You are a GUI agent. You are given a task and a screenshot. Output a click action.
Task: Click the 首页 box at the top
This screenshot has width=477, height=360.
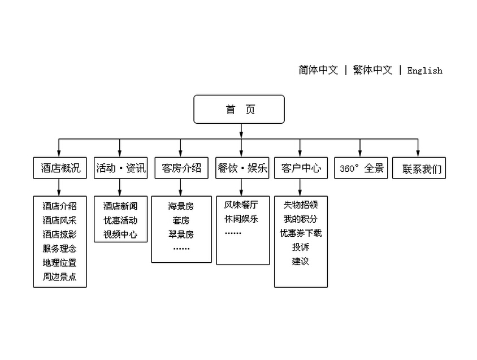pyautogui.click(x=239, y=109)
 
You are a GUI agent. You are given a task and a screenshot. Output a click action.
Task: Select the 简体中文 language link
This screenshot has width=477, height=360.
pyautogui.click(x=318, y=70)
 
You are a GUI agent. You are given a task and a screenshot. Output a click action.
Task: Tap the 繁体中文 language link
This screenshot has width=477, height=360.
pyautogui.click(x=372, y=70)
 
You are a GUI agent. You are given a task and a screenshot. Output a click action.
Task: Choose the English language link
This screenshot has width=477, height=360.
pyautogui.click(x=424, y=71)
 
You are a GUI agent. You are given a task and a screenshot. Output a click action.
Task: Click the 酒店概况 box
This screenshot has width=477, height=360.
pyautogui.click(x=60, y=168)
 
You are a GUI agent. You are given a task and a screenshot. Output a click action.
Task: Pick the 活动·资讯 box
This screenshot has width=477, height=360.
pyautogui.click(x=121, y=168)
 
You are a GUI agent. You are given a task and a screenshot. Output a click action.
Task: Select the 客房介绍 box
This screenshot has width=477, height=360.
pyautogui.click(x=181, y=168)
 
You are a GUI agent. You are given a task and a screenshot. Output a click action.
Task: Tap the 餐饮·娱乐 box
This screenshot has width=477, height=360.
pyautogui.click(x=242, y=168)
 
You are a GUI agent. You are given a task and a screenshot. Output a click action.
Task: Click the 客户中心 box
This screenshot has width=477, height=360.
pyautogui.click(x=301, y=168)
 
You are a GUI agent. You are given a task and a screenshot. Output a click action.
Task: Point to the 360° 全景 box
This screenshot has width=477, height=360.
pyautogui.click(x=361, y=168)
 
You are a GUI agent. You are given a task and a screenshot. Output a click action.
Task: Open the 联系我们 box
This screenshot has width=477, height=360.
pyautogui.click(x=419, y=168)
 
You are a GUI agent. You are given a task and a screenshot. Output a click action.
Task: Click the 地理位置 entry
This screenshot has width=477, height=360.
pyautogui.click(x=60, y=263)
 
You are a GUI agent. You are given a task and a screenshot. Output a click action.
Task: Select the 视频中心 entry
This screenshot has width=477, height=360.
pyautogui.click(x=120, y=235)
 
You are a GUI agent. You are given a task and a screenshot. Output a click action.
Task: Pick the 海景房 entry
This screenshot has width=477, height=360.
pyautogui.click(x=181, y=206)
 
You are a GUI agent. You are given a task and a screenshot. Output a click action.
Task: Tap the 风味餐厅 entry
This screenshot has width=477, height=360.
pyautogui.click(x=241, y=205)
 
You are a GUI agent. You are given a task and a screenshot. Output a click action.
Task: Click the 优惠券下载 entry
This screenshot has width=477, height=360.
pyautogui.click(x=301, y=233)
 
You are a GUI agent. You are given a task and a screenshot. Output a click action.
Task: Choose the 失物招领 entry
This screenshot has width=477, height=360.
pyautogui.click(x=301, y=205)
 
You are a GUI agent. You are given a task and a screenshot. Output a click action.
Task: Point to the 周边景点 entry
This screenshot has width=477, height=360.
pyautogui.click(x=60, y=276)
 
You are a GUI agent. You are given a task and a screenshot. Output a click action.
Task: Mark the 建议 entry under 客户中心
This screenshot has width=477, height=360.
pyautogui.click(x=301, y=261)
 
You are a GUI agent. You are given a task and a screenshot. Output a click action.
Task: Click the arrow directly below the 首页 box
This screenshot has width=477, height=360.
pyautogui.click(x=241, y=131)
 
